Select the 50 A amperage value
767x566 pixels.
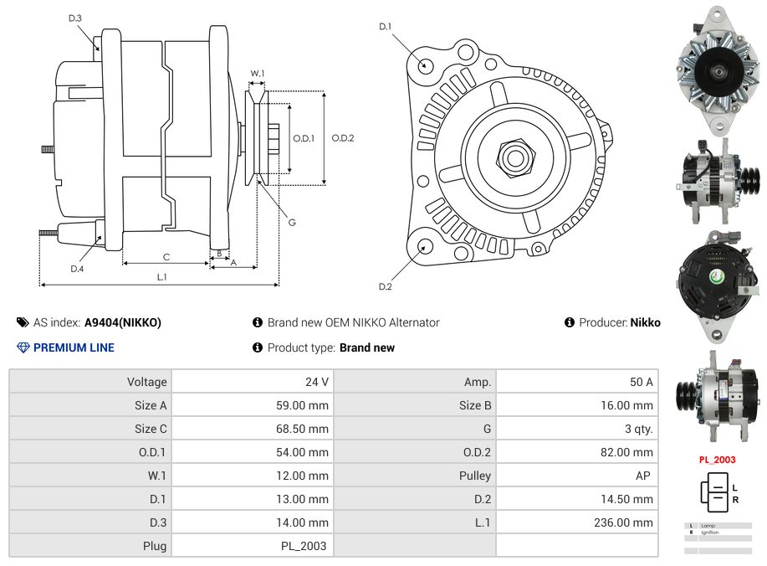coord(641,382)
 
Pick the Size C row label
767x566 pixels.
coord(151,429)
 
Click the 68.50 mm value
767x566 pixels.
coord(307,429)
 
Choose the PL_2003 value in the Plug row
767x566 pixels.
coord(304,546)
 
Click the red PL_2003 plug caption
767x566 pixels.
coord(717,460)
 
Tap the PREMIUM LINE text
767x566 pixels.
coord(74,347)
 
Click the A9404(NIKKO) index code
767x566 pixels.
coord(123,322)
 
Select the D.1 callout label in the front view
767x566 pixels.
coord(385,27)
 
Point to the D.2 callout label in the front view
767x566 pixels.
coord(385,286)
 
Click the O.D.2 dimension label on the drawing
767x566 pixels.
coord(343,138)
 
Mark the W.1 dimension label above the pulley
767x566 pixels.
coord(258,74)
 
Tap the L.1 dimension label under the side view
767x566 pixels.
coord(161,276)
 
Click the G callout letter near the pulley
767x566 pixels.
coord(292,222)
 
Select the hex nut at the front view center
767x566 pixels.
coord(515,157)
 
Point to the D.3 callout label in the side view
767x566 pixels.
coord(75,18)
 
